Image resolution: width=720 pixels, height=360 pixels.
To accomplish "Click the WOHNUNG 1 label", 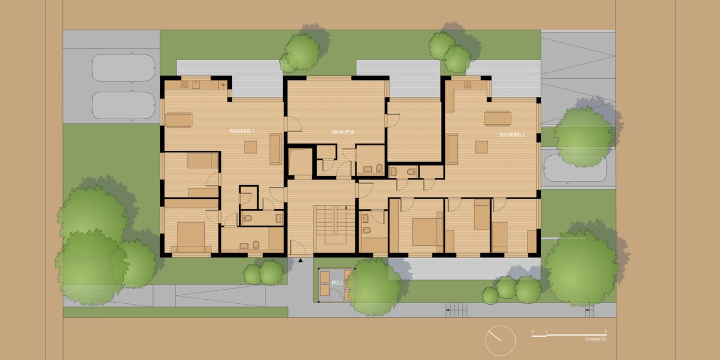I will [x=242, y=131].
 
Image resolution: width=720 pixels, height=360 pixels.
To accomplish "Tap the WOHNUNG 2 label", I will [x=512, y=135].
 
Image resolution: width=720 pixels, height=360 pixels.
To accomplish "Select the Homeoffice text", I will [x=343, y=132].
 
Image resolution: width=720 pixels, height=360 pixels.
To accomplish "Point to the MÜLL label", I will [x=337, y=283].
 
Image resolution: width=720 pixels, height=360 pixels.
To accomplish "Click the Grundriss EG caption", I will [x=595, y=340].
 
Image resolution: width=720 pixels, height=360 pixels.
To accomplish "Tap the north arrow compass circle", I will [x=500, y=340].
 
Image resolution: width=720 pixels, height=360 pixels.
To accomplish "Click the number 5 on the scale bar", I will [x=605, y=332].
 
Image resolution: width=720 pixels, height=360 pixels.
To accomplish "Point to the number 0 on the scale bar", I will [x=532, y=332].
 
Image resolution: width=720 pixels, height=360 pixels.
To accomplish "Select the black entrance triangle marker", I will [x=301, y=260].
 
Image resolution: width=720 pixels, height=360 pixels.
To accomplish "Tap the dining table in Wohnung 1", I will [x=178, y=120].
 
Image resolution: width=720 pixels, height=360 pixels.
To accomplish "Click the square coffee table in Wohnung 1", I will [x=250, y=147].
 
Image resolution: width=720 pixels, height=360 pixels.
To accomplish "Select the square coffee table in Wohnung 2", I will [x=481, y=147].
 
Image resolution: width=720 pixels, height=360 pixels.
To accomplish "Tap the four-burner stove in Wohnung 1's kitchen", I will [x=184, y=85].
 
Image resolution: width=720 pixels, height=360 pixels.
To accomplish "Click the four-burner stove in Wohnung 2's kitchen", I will [x=467, y=85].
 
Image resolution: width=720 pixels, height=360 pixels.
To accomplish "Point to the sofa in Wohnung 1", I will [x=275, y=149].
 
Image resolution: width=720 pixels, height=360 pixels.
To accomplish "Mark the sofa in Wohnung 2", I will [x=452, y=148].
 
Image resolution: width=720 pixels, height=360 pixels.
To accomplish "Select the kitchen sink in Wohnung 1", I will [x=196, y=85].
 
